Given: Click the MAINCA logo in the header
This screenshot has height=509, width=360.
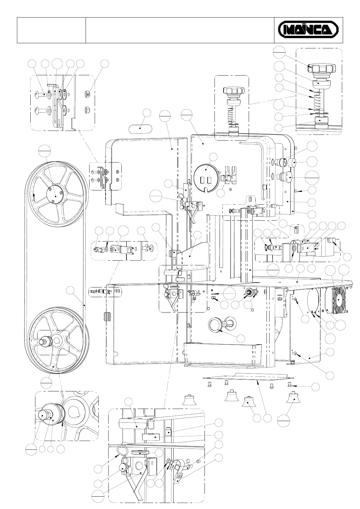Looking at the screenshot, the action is click(x=308, y=30).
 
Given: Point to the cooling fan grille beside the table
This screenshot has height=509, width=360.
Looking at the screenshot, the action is click(x=339, y=299).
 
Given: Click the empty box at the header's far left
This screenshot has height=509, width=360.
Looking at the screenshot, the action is click(x=51, y=30).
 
